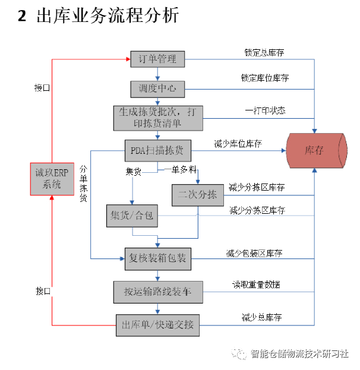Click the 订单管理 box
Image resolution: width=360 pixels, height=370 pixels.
click(157, 59)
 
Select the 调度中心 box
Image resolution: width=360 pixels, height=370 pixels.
click(157, 88)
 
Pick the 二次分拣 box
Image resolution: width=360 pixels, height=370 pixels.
click(197, 195)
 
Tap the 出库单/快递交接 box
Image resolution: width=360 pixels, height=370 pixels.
click(157, 324)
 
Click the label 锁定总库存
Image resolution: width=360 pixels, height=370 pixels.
click(264, 52)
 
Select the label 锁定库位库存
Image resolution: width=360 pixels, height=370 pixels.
click(265, 78)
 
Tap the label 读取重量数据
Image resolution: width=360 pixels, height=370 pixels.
click(256, 284)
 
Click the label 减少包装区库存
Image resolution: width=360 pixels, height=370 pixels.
click(254, 253)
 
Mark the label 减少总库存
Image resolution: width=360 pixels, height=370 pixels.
click(261, 316)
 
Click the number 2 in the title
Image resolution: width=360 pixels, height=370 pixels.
click(22, 16)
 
